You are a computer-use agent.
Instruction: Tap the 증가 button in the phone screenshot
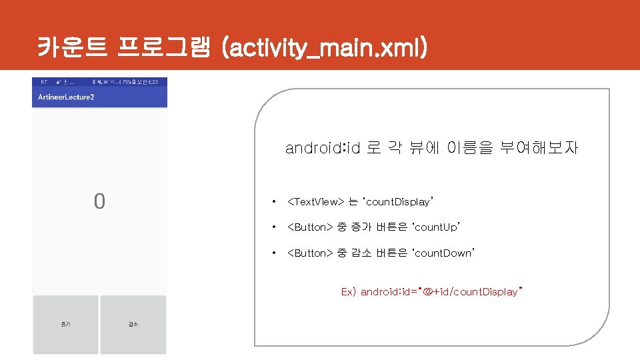point(65,324)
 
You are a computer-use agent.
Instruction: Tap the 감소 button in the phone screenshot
point(133,324)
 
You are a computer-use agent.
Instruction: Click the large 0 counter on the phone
point(99,201)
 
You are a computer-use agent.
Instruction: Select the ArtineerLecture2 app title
point(66,97)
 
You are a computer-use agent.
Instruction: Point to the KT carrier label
point(44,81)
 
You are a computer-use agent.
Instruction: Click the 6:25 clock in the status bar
point(153,81)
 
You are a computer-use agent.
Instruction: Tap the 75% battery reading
point(127,81)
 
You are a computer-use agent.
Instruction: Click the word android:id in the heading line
point(323,148)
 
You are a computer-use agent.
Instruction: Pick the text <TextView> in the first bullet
point(315,201)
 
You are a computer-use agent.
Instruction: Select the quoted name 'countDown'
point(444,253)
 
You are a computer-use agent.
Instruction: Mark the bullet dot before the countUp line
point(272,227)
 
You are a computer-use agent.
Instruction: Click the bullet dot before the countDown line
point(272,253)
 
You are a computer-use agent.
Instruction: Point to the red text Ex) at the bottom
point(349,292)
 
